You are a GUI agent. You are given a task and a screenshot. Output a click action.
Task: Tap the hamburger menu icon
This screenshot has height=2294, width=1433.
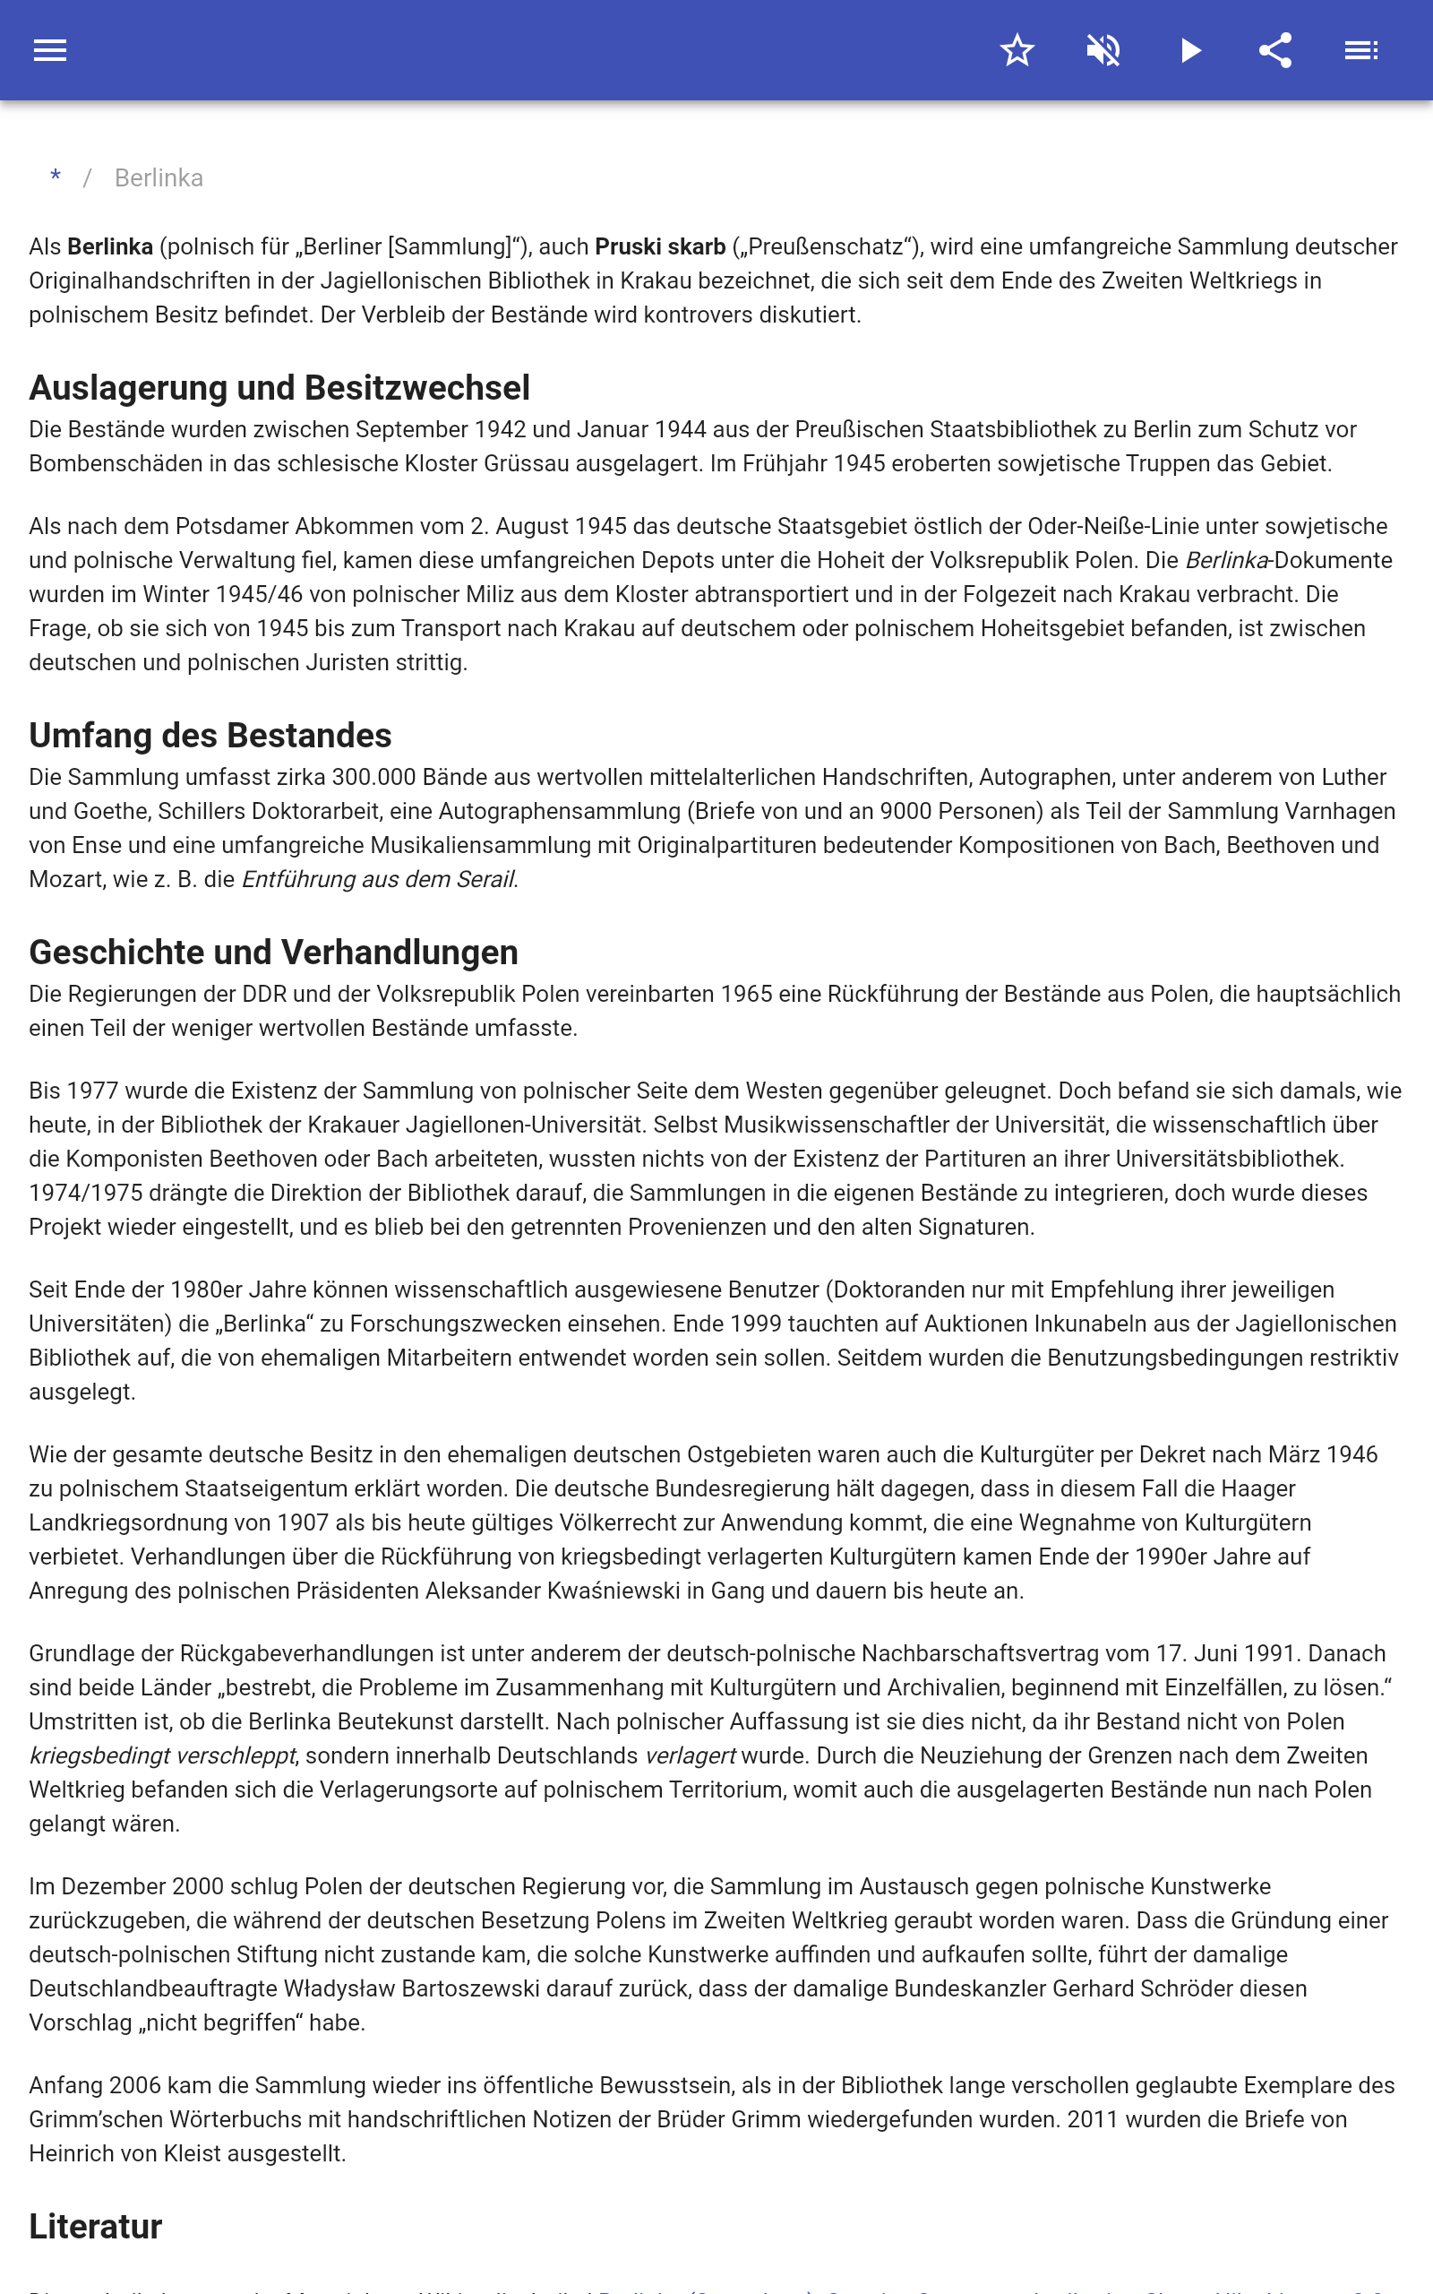click(x=50, y=50)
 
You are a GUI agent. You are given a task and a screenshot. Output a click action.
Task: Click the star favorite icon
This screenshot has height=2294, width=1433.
click(x=1017, y=50)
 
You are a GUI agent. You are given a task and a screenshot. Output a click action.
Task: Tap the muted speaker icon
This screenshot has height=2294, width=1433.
click(x=1103, y=50)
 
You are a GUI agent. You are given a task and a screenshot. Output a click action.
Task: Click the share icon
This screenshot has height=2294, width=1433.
click(x=1275, y=50)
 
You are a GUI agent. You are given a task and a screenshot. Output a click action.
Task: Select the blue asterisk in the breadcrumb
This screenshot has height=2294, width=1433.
click(x=56, y=177)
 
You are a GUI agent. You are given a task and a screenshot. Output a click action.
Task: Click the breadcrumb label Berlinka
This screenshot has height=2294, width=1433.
click(x=159, y=178)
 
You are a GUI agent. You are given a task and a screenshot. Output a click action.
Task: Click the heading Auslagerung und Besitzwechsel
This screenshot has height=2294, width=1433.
click(x=279, y=388)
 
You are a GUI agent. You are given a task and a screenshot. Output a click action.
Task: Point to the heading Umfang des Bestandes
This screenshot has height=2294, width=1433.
click(x=210, y=736)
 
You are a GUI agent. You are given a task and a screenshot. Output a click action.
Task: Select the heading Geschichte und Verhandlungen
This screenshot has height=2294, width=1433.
click(x=273, y=952)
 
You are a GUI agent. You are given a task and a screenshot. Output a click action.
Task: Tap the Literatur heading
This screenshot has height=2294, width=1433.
click(x=95, y=2226)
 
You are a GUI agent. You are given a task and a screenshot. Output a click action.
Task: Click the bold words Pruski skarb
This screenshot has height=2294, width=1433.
click(x=660, y=246)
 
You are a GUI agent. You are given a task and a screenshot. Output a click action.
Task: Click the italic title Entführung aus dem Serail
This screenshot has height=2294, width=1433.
click(x=378, y=880)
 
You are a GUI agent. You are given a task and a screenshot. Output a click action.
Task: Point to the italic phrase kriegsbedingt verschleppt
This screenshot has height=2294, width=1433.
click(x=162, y=1755)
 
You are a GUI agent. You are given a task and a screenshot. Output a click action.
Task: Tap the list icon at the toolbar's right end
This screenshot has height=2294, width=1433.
click(x=1361, y=50)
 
